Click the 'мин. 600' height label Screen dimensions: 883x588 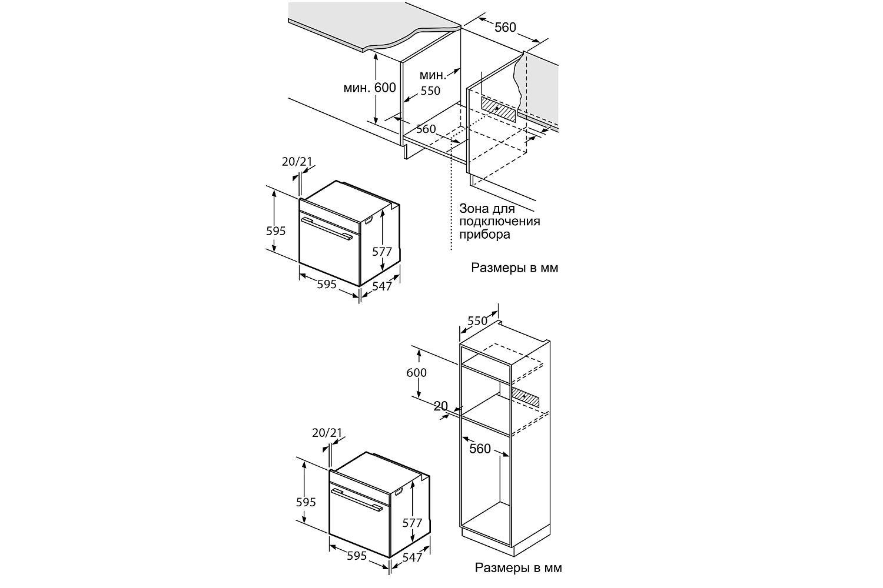(x=369, y=88)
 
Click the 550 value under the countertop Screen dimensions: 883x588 (x=430, y=91)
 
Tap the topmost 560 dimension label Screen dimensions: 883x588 (x=505, y=27)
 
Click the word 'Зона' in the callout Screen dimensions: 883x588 (x=473, y=208)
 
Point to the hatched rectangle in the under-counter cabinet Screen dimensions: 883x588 (x=498, y=109)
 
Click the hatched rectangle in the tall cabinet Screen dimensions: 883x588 (x=526, y=397)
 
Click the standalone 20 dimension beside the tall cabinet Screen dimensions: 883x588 (x=441, y=406)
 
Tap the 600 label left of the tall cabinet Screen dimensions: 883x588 (x=417, y=373)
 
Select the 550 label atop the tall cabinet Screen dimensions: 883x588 (x=477, y=321)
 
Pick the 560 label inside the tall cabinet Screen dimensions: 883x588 (x=480, y=449)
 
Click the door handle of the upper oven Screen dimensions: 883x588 (x=326, y=228)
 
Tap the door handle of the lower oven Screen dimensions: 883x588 (x=357, y=499)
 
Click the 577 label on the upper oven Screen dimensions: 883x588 (x=382, y=251)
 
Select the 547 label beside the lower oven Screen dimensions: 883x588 (x=412, y=557)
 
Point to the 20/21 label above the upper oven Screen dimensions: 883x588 (x=297, y=162)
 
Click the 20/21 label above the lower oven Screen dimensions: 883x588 (x=327, y=433)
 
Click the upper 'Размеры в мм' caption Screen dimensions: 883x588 (x=515, y=268)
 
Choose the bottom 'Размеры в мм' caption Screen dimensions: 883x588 (x=519, y=567)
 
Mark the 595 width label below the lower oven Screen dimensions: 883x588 (x=357, y=556)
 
